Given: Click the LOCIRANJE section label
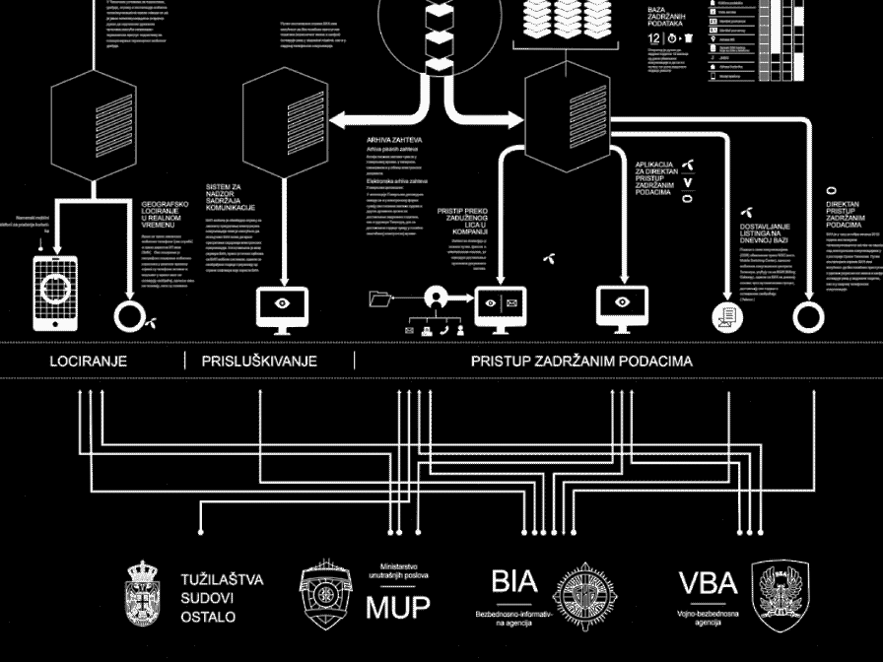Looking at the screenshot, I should pos(89,362).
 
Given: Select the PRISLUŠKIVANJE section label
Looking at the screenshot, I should pos(259,362).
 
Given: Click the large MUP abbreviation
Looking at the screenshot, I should pos(398,607).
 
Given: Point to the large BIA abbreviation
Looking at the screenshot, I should pos(513,581).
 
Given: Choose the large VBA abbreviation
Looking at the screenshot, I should pos(708,583).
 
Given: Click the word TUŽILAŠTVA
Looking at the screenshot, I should pos(223,579).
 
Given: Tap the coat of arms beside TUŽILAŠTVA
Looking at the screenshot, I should pos(144,594).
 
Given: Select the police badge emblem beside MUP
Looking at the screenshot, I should pos(324,595).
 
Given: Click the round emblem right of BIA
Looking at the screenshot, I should pos(587,595).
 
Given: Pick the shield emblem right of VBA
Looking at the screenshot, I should pos(780,595).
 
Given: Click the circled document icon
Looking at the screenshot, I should pos(726,317).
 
